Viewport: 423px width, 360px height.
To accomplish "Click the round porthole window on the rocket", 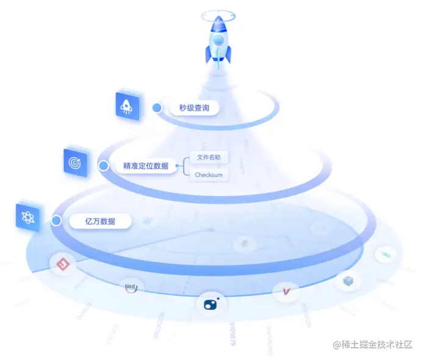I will click(218, 41).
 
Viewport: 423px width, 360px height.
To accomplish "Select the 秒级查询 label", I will click(194, 108).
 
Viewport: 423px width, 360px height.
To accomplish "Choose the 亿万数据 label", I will click(100, 221).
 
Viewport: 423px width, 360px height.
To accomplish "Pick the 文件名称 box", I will click(209, 157).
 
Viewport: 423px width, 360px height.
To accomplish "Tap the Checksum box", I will click(209, 175).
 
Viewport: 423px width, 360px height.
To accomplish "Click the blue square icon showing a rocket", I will click(128, 105).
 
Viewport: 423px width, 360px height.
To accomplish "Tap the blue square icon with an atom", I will click(29, 217).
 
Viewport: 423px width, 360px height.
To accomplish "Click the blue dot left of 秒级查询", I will click(157, 108).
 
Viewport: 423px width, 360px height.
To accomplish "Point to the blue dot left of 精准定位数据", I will click(104, 165).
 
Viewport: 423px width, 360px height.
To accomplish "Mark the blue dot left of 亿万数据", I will click(56, 221).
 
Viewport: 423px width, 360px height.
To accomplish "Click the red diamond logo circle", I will click(62, 264).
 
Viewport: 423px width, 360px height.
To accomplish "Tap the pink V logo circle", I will click(285, 292).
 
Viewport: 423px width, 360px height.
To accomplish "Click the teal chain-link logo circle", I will click(386, 253).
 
